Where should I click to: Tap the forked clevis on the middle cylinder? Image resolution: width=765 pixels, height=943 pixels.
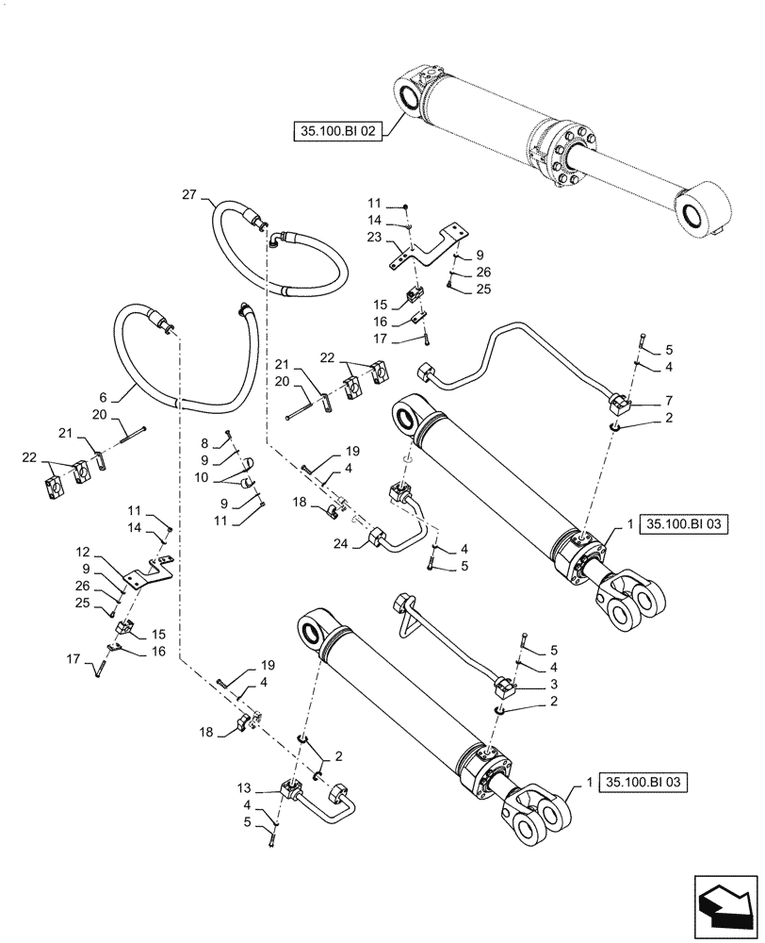coord(630,604)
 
